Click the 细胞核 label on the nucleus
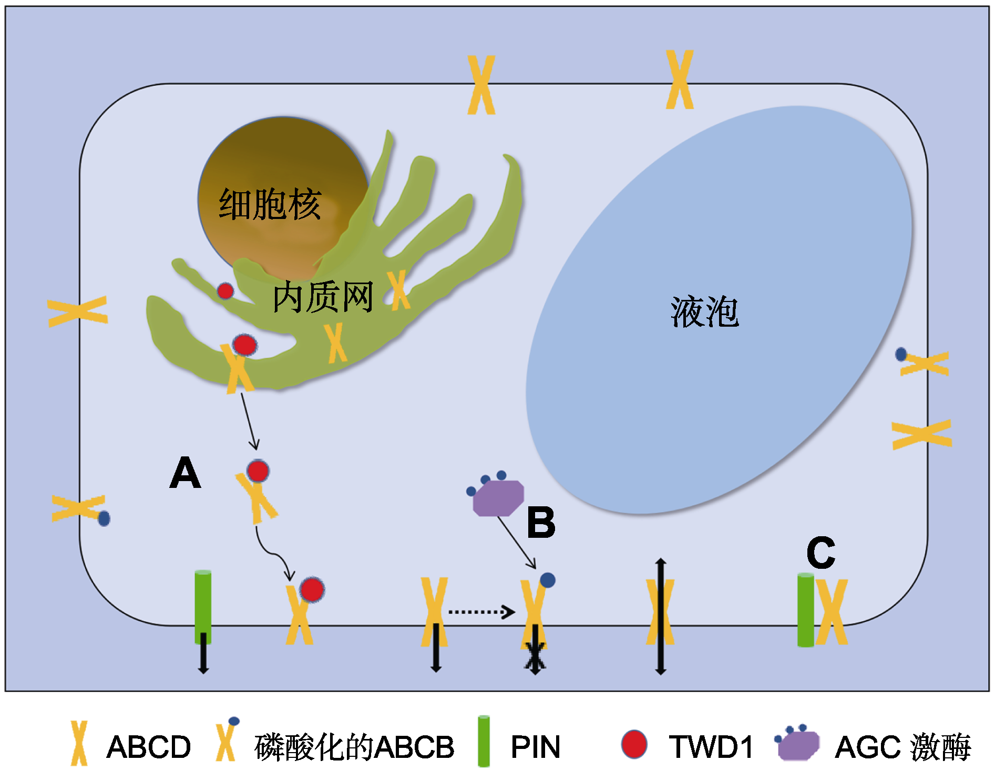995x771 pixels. (270, 204)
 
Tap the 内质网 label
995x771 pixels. (323, 297)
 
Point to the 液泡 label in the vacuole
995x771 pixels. (704, 311)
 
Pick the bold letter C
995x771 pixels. (820, 553)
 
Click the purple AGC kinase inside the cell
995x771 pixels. (498, 497)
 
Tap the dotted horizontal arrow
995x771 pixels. (481, 612)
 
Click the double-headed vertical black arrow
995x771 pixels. (661, 617)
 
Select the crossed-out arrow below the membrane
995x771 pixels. (535, 657)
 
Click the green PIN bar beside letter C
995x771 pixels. (805, 610)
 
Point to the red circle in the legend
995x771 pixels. (634, 744)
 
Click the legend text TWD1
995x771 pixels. (711, 746)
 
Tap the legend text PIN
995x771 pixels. (535, 746)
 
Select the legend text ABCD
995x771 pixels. (148, 746)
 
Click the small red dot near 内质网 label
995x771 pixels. (225, 290)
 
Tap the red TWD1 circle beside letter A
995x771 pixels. (258, 471)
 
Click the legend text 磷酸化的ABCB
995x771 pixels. (354, 747)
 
